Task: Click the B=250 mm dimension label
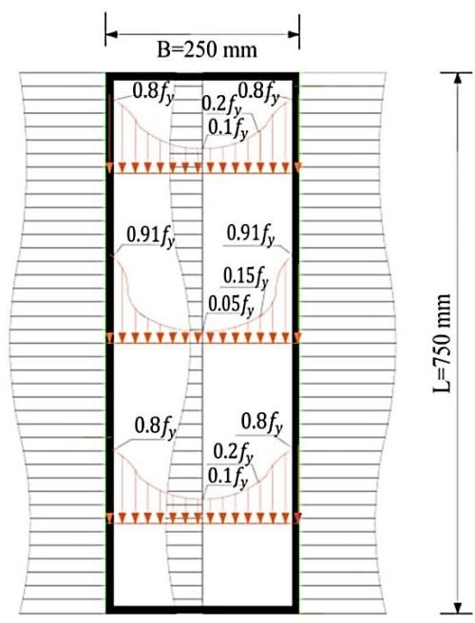point(207,50)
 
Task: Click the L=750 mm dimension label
point(442,343)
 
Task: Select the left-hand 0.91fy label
point(151,236)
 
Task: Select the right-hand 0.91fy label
point(251,235)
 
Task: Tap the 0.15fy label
point(246,276)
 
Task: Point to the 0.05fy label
point(231,306)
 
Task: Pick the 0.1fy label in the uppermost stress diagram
point(228,128)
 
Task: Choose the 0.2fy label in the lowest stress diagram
point(233,454)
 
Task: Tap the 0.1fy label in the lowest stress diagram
point(228,477)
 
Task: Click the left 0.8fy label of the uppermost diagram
point(154,93)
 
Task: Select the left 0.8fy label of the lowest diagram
point(155,426)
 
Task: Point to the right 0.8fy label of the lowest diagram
point(262,423)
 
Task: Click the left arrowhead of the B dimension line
point(111,34)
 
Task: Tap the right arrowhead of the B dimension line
point(294,34)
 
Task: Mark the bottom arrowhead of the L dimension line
point(458,609)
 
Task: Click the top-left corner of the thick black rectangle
point(106,73)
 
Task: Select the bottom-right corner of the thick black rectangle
point(298,614)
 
